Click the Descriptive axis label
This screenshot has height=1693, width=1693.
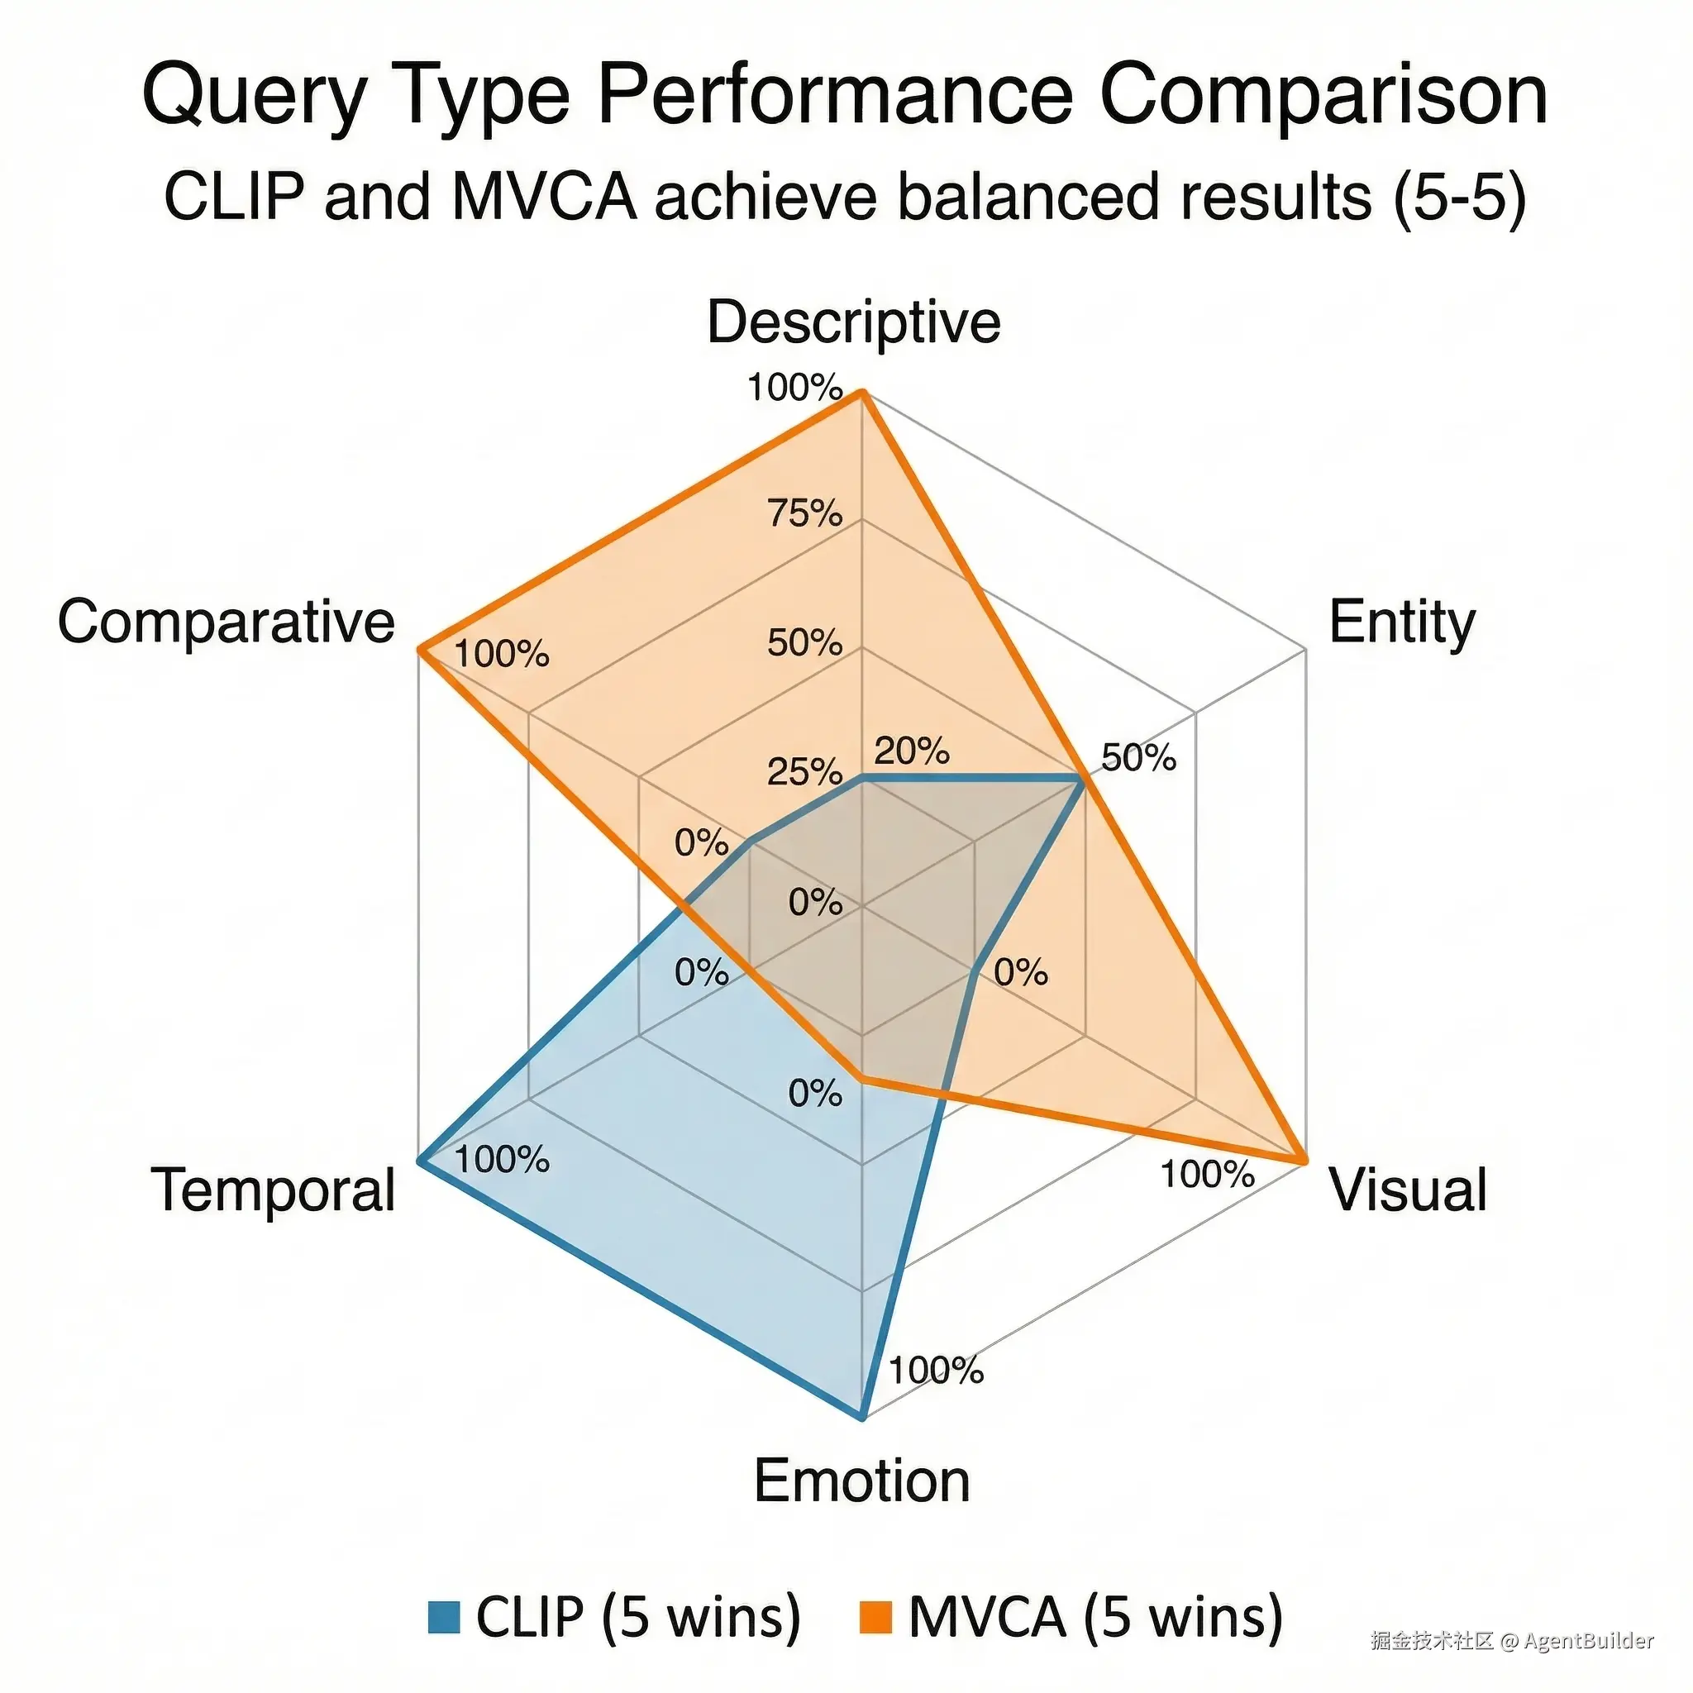(853, 322)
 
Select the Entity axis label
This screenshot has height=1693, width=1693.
(1402, 623)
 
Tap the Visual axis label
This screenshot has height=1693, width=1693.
(1408, 1190)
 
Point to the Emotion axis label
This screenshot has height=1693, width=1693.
(861, 1481)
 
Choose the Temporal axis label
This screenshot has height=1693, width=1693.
(274, 1190)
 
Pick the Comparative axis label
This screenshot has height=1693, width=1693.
(226, 622)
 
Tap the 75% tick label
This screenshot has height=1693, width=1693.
(804, 513)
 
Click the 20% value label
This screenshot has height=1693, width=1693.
(911, 751)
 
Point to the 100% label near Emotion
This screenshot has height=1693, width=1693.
(936, 1371)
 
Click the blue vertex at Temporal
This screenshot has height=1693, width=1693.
(420, 1162)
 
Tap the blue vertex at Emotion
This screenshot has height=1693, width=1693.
(862, 1417)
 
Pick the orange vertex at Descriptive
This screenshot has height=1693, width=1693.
(862, 393)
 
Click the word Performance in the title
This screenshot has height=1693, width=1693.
(835, 94)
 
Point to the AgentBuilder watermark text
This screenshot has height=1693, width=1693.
(1588, 1640)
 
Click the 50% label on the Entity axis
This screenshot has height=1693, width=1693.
(1138, 758)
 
